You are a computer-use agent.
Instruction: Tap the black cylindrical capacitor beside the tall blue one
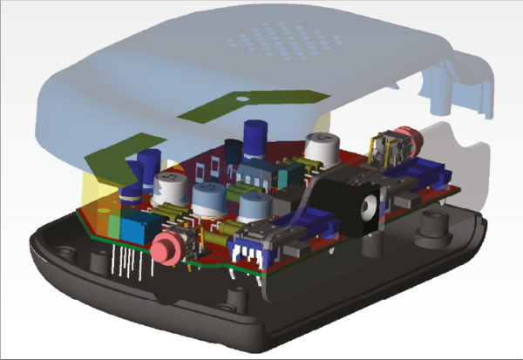pyautogui.click(x=234, y=150)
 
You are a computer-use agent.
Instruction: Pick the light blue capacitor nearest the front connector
pyautogui.click(x=254, y=208)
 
